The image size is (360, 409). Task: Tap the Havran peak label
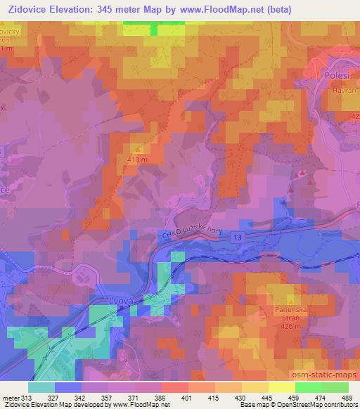pyautogui.click(x=345, y=91)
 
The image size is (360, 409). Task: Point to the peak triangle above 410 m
pyautogui.click(x=138, y=149)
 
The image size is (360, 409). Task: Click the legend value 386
pyautogui.click(x=162, y=397)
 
